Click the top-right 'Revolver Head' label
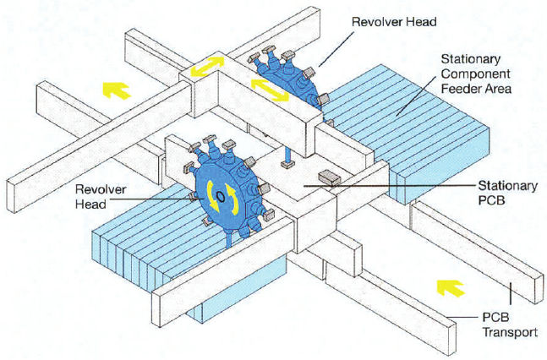click(x=391, y=22)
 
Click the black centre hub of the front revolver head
click(x=220, y=196)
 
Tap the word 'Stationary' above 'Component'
click(x=473, y=60)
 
